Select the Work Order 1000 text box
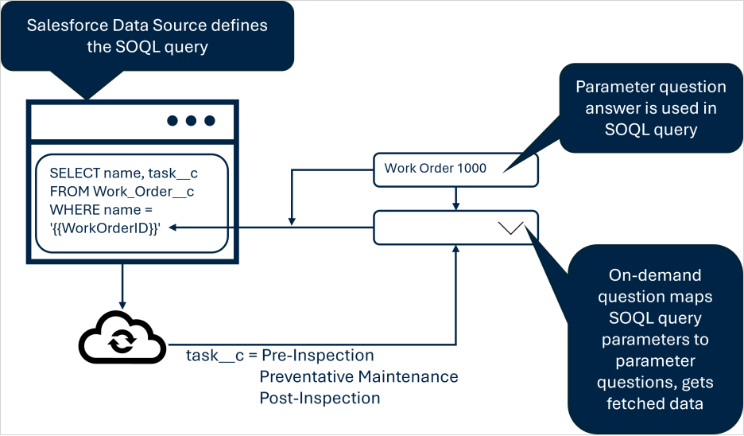click(455, 168)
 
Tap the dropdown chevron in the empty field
click(511, 228)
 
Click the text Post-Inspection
click(320, 397)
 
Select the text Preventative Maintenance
click(358, 376)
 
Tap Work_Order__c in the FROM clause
click(143, 191)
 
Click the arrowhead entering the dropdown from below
click(455, 249)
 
